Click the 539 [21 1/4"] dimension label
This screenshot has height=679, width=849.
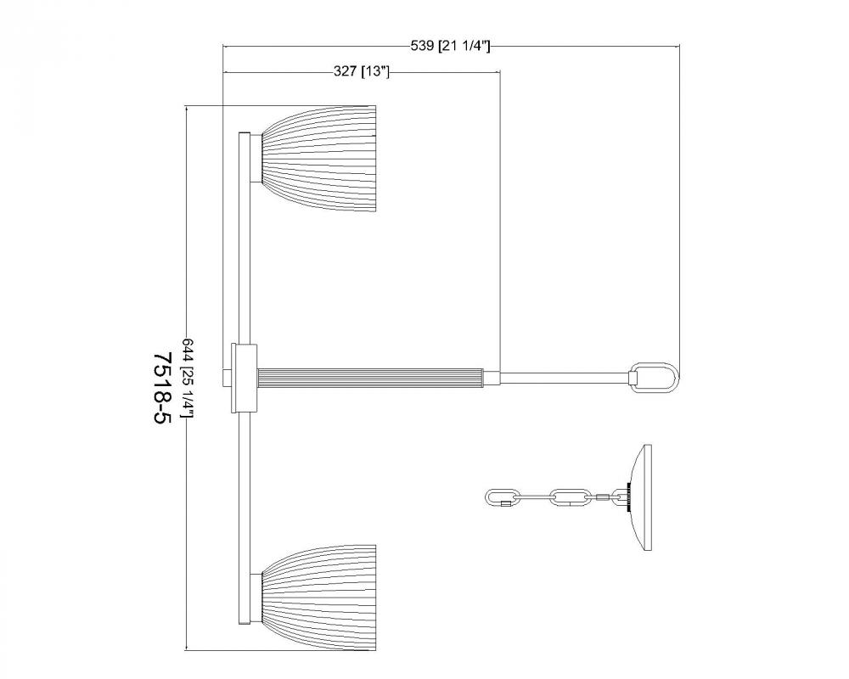[451, 46]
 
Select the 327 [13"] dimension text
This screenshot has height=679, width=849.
[361, 71]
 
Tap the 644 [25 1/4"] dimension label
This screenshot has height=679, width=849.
[188, 379]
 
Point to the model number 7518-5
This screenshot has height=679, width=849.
[162, 389]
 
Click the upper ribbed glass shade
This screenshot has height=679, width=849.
[319, 159]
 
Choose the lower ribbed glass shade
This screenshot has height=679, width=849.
[319, 598]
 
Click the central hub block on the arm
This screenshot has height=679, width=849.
[245, 378]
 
